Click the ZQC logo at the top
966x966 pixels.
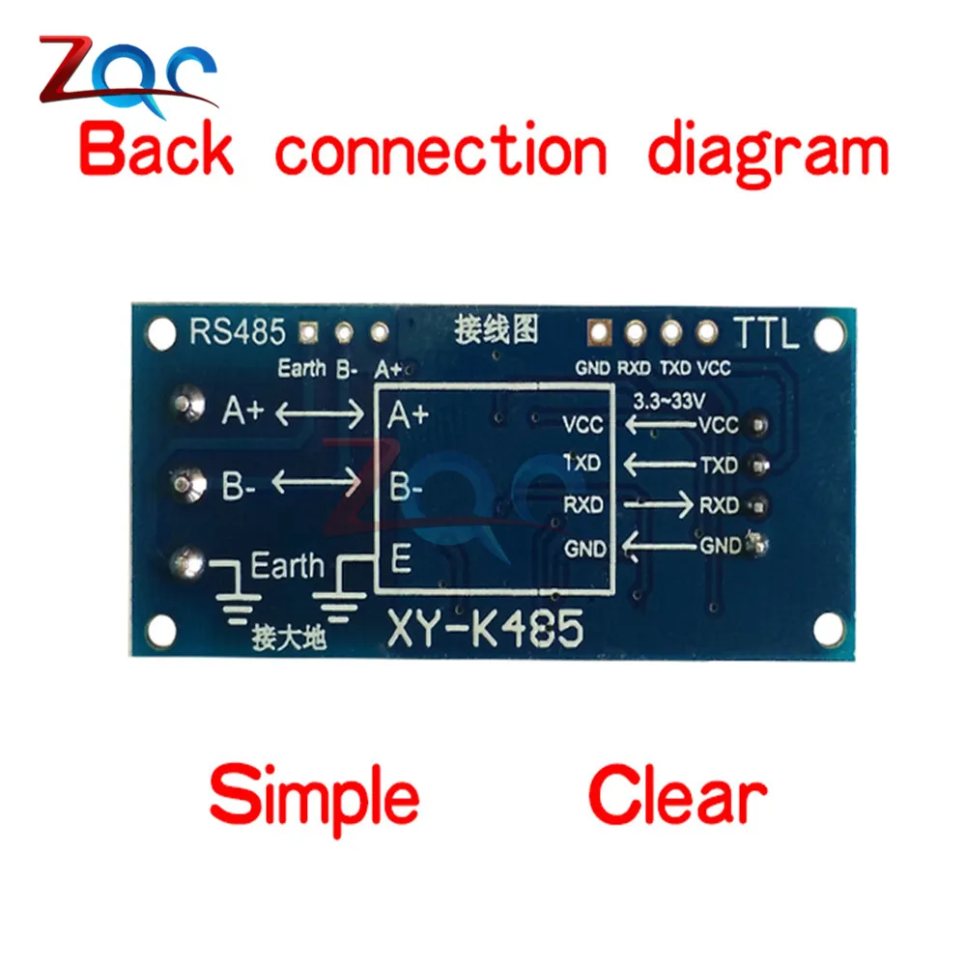click(x=128, y=75)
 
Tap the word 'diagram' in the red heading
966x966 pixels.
click(x=768, y=153)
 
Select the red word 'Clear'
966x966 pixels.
click(x=678, y=794)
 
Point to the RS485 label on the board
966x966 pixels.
click(x=238, y=331)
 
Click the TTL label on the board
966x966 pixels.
click(x=766, y=333)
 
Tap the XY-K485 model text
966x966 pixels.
click(x=486, y=629)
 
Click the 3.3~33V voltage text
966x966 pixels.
click(x=669, y=402)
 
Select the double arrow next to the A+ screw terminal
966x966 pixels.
click(x=320, y=412)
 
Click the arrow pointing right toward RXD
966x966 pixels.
click(x=659, y=504)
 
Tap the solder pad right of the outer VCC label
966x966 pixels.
click(x=757, y=425)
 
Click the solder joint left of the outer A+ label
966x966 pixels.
click(x=187, y=403)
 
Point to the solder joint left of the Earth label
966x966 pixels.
click(x=187, y=562)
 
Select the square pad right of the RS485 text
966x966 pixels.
click(x=308, y=333)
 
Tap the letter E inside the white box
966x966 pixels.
click(x=401, y=559)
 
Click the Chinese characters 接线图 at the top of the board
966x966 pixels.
click(x=497, y=329)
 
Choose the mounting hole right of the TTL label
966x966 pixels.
click(x=829, y=333)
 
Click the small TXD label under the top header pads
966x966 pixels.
click(x=676, y=368)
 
